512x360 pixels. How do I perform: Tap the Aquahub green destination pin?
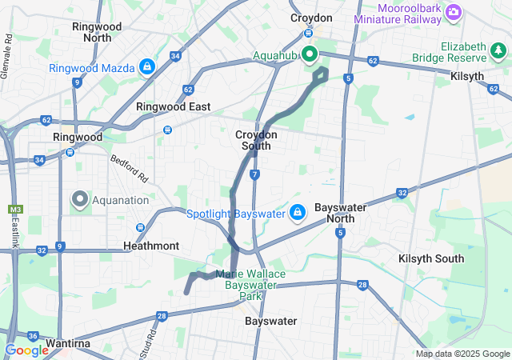pyautogui.click(x=309, y=55)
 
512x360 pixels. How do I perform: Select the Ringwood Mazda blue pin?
pyautogui.click(x=146, y=66)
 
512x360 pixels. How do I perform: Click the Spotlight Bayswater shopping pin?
pyautogui.click(x=297, y=213)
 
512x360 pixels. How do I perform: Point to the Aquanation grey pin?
pyautogui.click(x=80, y=198)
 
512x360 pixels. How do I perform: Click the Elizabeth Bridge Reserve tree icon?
pyautogui.click(x=498, y=51)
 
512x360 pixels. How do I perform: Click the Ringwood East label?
pyautogui.click(x=173, y=106)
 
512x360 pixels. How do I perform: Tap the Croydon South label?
pyautogui.click(x=256, y=140)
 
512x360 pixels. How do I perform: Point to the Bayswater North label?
pyautogui.click(x=340, y=212)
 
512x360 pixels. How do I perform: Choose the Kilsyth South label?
pyautogui.click(x=430, y=258)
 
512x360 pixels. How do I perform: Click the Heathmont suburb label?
pyautogui.click(x=151, y=246)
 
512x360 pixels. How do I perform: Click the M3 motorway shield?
pyautogui.click(x=14, y=210)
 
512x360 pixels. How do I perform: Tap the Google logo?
pyautogui.click(x=26, y=350)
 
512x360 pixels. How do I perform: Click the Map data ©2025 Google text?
pyautogui.click(x=462, y=354)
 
